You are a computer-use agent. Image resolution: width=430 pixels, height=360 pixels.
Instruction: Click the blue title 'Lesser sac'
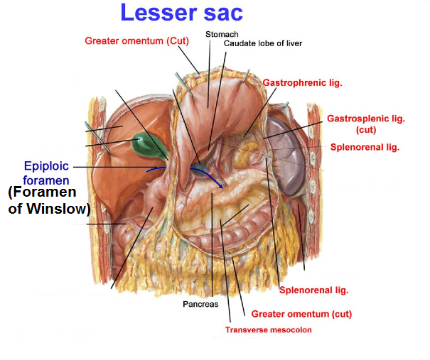pyautogui.click(x=181, y=13)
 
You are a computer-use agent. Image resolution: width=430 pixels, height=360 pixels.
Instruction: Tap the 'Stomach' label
pyautogui.click(x=222, y=34)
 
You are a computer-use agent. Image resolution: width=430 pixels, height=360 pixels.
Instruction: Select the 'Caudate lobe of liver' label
pyautogui.click(x=263, y=43)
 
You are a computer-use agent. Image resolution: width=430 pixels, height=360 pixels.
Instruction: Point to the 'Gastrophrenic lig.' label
pyautogui.click(x=303, y=82)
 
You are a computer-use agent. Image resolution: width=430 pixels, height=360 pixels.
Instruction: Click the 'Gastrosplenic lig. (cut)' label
pyautogui.click(x=366, y=124)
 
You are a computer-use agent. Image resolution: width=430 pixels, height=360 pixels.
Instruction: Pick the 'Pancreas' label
pyautogui.click(x=200, y=304)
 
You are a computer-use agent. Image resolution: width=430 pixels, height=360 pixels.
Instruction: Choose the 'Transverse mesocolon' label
pyautogui.click(x=268, y=329)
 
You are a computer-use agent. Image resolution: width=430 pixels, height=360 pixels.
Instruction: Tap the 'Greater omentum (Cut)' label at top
pyautogui.click(x=137, y=40)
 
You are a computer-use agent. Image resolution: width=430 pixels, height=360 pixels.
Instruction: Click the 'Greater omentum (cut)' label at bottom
pyautogui.click(x=301, y=314)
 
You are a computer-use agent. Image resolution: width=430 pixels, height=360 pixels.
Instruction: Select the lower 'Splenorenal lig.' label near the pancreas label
pyautogui.click(x=313, y=290)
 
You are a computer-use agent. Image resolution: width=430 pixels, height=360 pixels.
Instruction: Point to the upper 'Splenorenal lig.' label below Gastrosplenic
pyautogui.click(x=365, y=147)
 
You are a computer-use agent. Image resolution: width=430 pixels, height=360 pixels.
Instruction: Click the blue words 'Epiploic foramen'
pyautogui.click(x=46, y=173)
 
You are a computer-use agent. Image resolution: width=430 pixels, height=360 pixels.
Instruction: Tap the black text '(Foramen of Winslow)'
pyautogui.click(x=49, y=200)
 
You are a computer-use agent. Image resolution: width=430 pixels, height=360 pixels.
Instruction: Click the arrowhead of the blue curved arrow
pyautogui.click(x=220, y=186)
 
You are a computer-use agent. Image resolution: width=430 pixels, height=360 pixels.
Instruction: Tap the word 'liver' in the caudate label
pyautogui.click(x=294, y=43)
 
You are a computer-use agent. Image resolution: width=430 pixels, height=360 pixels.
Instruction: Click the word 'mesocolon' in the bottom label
pyautogui.click(x=292, y=329)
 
